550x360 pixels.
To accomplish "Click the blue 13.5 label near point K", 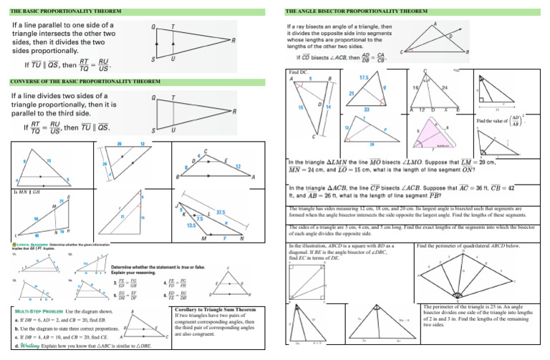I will pos(192,224).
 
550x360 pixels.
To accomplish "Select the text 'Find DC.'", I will pos(299,73).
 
